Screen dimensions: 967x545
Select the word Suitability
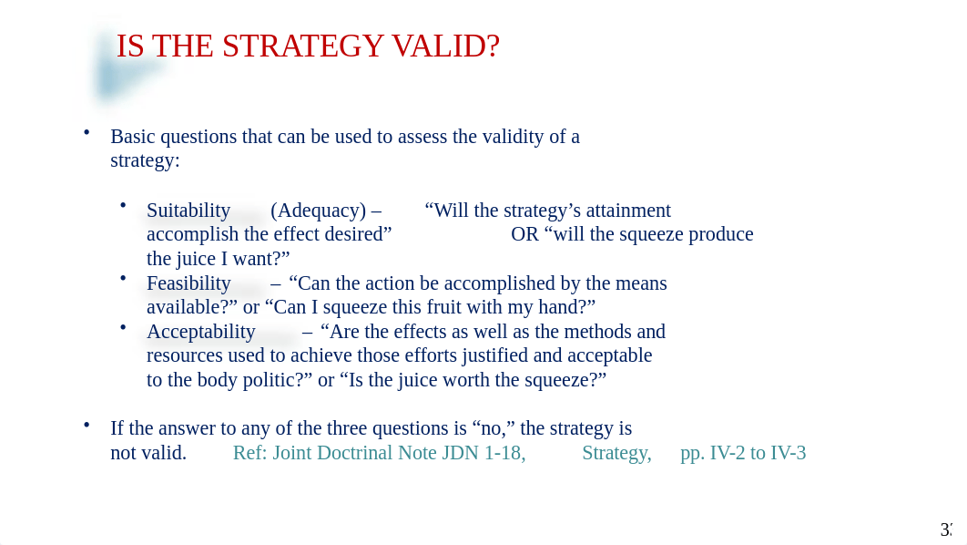coord(188,211)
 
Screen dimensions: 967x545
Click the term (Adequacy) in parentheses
coord(318,211)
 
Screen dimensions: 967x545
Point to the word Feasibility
coord(188,283)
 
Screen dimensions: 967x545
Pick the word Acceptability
coord(201,332)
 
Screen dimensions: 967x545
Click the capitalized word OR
coord(524,234)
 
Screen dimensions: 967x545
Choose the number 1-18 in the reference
coord(503,453)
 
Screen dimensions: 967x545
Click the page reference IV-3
coord(786,453)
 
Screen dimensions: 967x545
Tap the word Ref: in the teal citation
coord(249,453)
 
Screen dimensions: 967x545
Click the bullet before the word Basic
coord(87,132)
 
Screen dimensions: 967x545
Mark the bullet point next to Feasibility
coord(123,278)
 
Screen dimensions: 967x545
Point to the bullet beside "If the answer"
coord(87,424)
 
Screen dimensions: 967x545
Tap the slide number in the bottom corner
coord(946,530)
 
